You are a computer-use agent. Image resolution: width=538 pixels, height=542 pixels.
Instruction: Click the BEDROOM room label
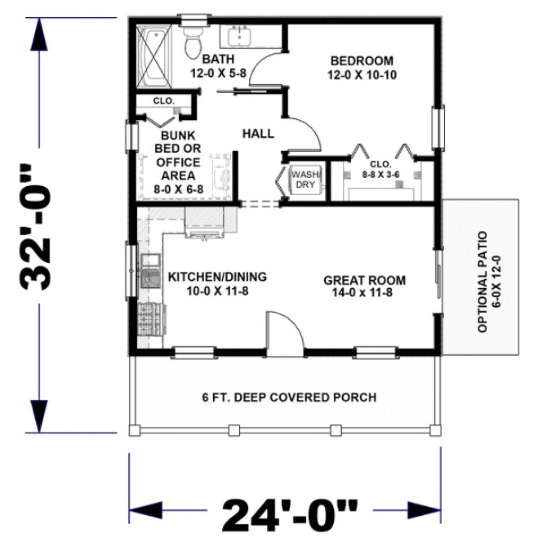[362, 60]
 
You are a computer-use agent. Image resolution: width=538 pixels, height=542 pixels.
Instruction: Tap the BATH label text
[218, 59]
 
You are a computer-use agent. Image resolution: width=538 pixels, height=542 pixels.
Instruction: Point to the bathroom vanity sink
[240, 38]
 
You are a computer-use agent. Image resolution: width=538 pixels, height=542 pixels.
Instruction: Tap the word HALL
[258, 133]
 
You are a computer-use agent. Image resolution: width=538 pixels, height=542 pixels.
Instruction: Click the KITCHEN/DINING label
[217, 277]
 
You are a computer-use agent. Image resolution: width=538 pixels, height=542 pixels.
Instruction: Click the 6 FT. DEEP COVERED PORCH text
[289, 398]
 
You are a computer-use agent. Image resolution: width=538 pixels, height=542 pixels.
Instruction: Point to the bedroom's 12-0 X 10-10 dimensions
[362, 73]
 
